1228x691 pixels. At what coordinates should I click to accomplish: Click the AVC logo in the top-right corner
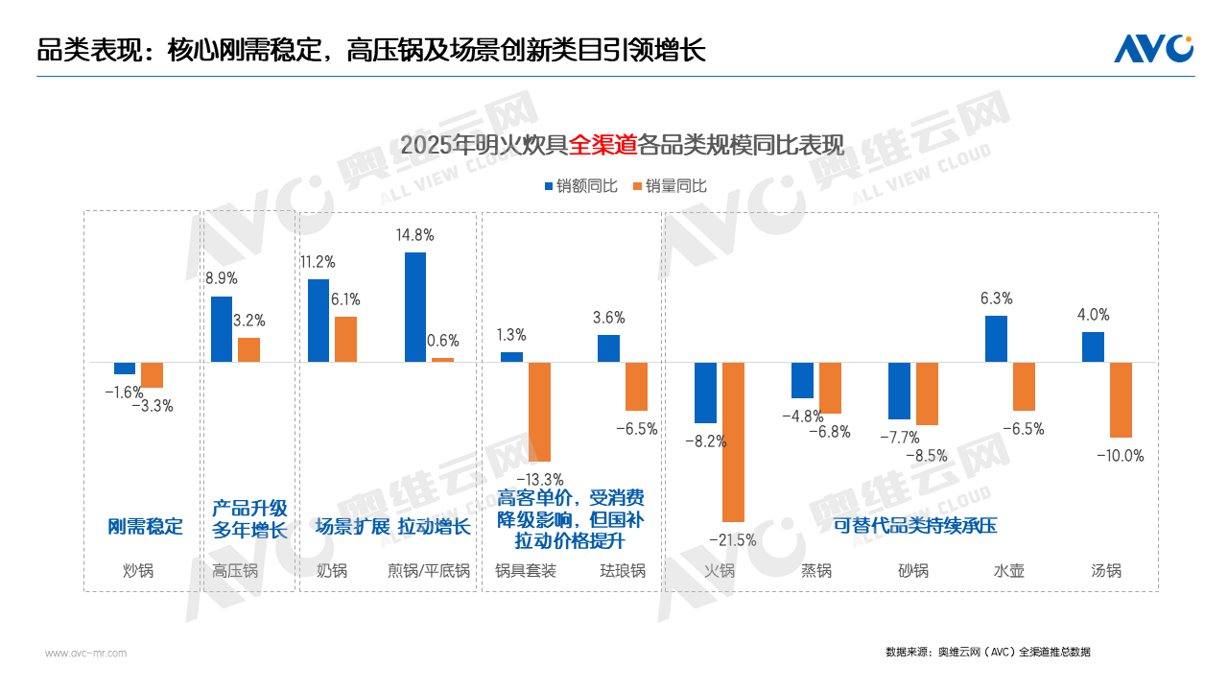1153,48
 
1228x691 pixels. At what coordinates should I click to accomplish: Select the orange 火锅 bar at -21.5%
734,441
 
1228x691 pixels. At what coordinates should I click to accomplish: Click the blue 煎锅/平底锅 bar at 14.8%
415,307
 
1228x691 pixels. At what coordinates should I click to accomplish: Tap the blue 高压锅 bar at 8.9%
222,329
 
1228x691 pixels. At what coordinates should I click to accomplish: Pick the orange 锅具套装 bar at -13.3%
540,412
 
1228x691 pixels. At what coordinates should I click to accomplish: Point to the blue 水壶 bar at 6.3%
996,339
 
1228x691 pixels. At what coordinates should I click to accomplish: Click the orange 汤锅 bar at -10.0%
1121,399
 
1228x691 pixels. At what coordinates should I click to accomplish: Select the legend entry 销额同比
580,186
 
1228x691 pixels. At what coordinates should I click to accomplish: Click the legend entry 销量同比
669,186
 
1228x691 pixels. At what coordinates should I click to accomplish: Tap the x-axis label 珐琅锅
623,571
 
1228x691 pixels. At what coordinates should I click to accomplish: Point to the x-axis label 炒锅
138,571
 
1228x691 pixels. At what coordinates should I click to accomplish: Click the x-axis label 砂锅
912,571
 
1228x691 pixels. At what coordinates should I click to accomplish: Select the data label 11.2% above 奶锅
317,262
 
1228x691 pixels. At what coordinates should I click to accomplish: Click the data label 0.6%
442,341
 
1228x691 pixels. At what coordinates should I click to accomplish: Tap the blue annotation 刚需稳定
145,527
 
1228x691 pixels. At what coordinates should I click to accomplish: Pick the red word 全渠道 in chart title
602,146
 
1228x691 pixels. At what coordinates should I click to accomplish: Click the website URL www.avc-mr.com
85,653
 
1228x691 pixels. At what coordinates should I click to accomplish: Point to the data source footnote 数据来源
987,653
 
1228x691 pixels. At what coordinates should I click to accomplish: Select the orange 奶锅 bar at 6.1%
345,339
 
